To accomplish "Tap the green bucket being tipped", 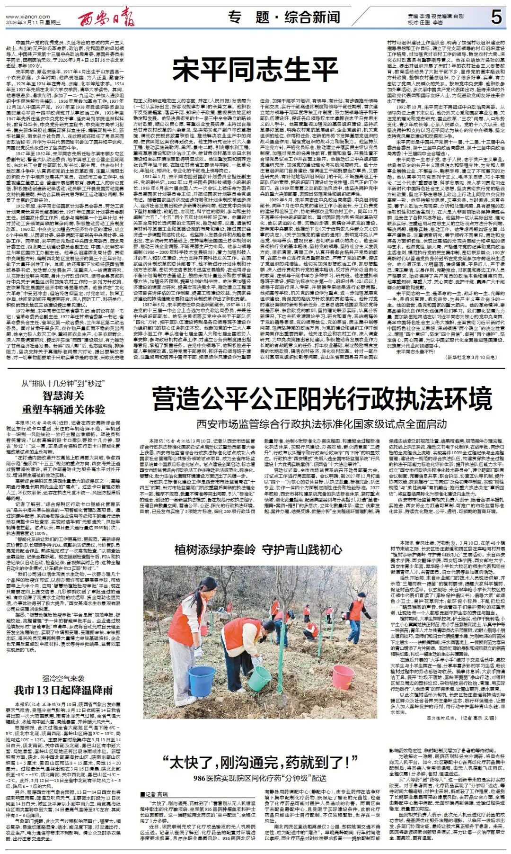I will [x=259, y=678].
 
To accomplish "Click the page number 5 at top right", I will [x=496, y=18].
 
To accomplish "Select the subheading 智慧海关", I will [x=63, y=396].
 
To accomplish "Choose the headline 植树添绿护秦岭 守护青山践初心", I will [x=259, y=549].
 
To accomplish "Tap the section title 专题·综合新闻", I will [x=284, y=18].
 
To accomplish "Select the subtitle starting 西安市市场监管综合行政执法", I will [x=322, y=423].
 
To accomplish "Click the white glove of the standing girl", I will [x=198, y=652].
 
